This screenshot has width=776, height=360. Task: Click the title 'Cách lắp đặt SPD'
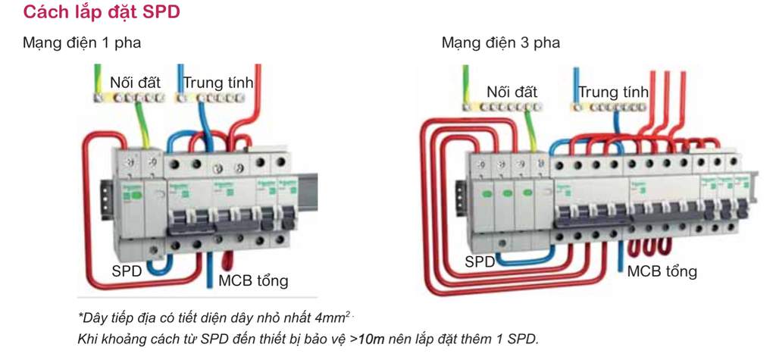tap(102, 14)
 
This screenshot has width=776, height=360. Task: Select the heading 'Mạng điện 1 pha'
tap(82, 42)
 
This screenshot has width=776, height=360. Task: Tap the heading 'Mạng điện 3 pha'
tap(501, 42)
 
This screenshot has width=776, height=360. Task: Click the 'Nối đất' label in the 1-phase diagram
tap(135, 82)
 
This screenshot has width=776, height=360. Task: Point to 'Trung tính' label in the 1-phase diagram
tap(218, 82)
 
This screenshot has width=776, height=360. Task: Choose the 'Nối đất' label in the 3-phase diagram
tap(512, 92)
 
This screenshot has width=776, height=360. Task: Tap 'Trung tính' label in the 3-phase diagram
tap(613, 92)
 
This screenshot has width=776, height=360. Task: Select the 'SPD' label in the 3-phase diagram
tap(480, 262)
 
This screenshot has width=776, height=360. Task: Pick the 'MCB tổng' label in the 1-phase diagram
tap(254, 280)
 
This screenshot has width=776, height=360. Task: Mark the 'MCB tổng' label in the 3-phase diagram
tap(662, 271)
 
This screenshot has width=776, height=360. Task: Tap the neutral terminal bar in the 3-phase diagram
tap(608, 108)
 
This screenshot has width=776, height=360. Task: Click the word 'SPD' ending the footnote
tap(523, 338)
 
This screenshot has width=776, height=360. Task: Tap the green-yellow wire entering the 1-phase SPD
tap(141, 125)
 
